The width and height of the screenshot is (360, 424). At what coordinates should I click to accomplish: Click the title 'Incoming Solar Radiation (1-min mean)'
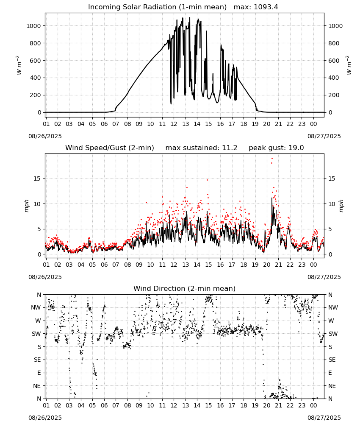(157, 7)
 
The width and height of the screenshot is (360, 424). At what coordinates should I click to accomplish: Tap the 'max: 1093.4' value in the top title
(256, 7)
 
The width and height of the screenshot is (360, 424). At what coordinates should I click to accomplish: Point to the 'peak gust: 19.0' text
(276, 148)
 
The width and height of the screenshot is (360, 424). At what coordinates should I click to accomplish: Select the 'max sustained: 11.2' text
(201, 148)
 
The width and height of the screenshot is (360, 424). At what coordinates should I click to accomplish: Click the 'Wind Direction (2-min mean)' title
(185, 288)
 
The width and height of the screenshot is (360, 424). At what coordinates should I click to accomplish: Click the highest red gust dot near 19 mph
(272, 159)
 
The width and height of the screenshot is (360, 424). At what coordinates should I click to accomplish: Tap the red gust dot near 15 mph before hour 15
(208, 180)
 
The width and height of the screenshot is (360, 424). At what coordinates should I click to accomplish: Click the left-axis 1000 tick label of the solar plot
(33, 26)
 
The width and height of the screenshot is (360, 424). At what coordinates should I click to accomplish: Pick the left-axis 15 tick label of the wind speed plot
(37, 179)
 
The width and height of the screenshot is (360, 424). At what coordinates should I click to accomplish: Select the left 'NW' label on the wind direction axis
(36, 308)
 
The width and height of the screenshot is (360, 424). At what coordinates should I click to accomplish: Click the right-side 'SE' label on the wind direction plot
(332, 360)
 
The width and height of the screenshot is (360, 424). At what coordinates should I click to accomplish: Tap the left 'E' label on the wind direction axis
(39, 373)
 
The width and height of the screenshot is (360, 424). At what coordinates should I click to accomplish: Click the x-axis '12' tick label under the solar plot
(174, 124)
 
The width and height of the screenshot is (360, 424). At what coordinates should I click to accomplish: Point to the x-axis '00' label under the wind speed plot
(313, 265)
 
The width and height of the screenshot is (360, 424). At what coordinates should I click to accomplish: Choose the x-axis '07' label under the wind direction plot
(116, 406)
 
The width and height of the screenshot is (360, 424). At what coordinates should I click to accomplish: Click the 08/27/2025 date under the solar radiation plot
(324, 136)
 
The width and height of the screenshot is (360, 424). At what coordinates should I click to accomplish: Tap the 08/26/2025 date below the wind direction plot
(45, 418)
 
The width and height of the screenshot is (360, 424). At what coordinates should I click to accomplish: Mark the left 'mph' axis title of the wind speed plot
(26, 206)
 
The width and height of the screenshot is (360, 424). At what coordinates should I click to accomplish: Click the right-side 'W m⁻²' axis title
(349, 65)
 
